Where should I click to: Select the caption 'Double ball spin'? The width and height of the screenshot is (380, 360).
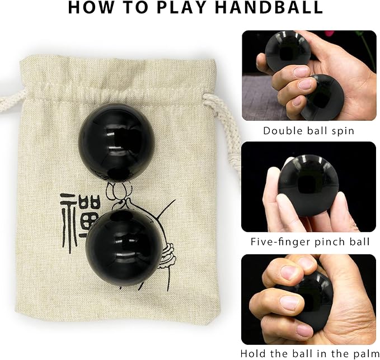(x=308, y=131)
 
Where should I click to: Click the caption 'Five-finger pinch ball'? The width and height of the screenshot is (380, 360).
(x=308, y=241)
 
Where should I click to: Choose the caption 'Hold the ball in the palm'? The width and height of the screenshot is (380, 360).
(x=308, y=353)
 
